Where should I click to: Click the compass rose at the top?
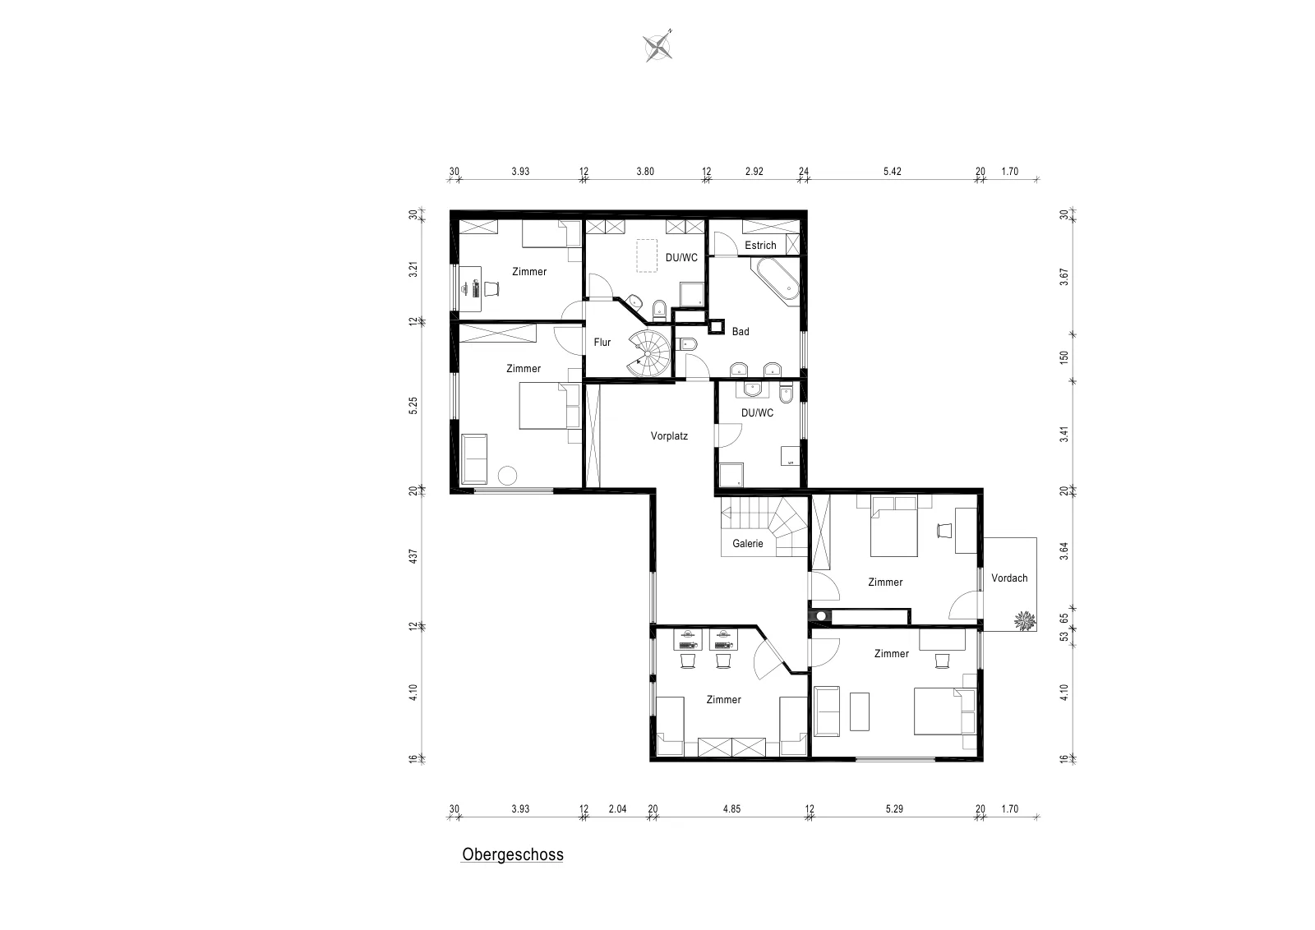[657, 46]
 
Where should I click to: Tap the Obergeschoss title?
[513, 854]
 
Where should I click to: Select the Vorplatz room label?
[669, 436]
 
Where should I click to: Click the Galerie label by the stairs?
[748, 543]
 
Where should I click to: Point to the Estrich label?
[760, 246]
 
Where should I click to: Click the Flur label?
[602, 342]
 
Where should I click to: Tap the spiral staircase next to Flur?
[650, 353]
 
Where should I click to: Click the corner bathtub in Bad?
[776, 283]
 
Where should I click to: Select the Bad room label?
[741, 332]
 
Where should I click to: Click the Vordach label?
[1010, 578]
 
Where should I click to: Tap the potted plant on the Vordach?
[1025, 621]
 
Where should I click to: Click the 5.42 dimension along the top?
[893, 172]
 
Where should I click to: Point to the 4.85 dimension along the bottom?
[731, 808]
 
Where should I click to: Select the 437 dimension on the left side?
[413, 556]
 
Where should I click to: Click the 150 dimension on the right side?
[1064, 357]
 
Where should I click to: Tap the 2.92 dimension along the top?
[754, 172]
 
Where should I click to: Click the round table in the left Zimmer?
[507, 475]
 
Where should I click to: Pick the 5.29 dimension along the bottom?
[894, 808]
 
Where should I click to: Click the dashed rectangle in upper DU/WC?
[647, 256]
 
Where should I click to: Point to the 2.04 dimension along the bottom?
[617, 808]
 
